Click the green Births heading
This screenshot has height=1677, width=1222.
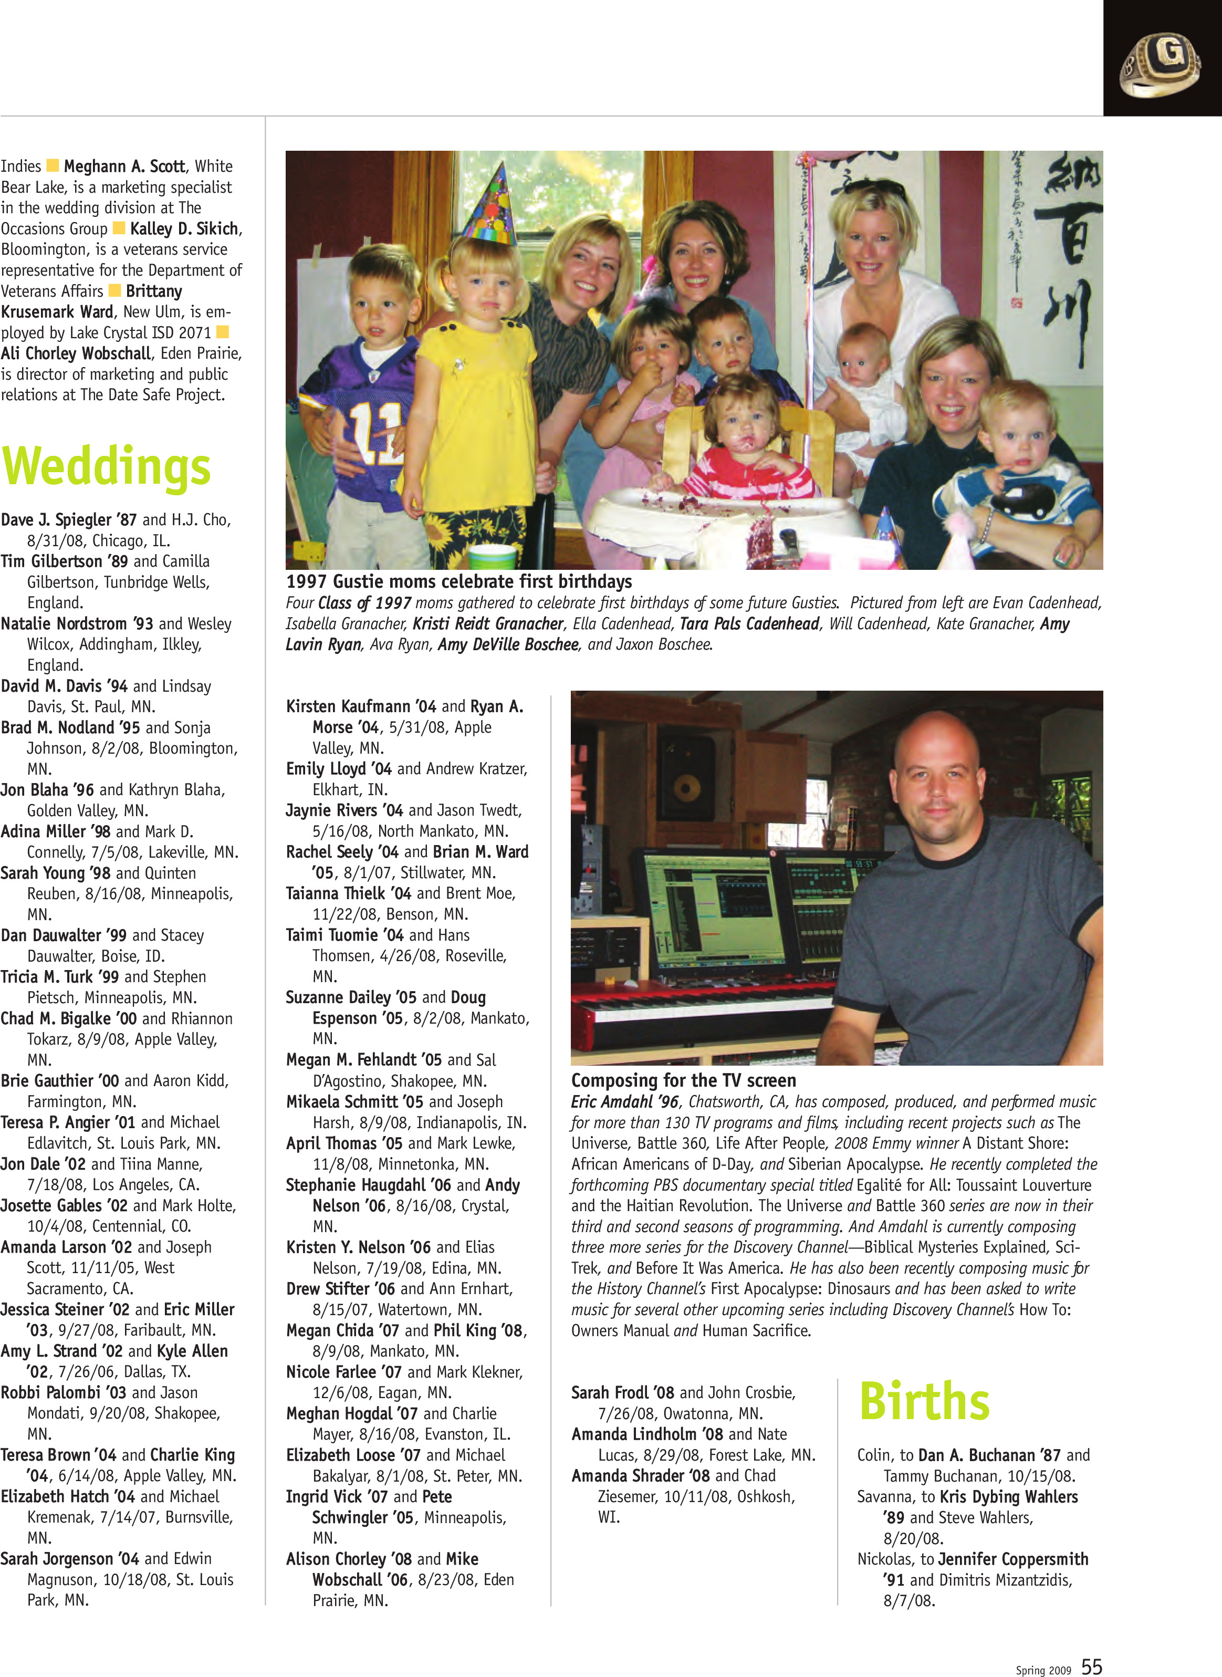[x=924, y=1401]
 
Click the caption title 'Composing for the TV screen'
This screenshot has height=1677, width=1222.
[x=684, y=1081]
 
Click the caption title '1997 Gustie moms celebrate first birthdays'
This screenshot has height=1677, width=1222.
[x=458, y=581]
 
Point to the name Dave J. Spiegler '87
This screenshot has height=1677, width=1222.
[x=69, y=520]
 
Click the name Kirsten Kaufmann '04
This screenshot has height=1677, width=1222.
[x=361, y=706]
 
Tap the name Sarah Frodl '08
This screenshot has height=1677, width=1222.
[x=622, y=1393]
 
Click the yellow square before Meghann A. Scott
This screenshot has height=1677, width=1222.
[x=53, y=165]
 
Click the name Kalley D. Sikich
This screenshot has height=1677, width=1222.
[x=184, y=228]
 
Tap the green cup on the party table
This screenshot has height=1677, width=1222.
[x=492, y=556]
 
